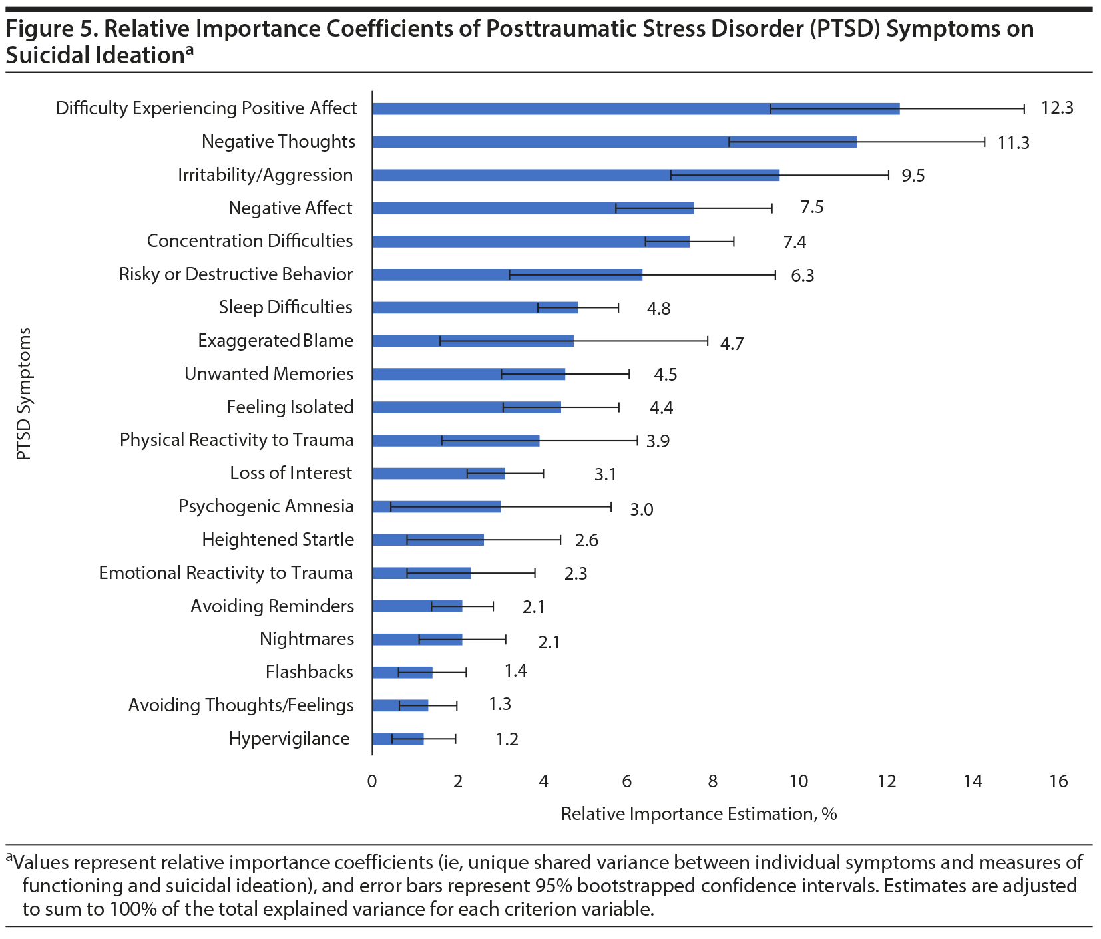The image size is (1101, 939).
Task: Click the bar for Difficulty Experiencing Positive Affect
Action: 636,109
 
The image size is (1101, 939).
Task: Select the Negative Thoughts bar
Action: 614,142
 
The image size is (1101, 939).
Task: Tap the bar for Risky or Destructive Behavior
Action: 507,274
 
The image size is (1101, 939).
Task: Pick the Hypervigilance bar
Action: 397,739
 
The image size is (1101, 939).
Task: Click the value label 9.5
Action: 913,176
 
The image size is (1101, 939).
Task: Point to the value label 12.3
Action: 1057,108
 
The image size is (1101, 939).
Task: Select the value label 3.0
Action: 642,510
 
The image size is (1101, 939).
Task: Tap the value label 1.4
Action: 515,671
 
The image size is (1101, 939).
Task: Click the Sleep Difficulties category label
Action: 286,307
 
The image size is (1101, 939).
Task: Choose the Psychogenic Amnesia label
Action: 266,506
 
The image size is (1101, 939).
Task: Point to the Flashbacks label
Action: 309,672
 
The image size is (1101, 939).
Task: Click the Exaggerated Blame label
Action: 276,341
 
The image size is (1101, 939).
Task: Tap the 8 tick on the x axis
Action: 713,781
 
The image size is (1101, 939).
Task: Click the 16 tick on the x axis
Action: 1058,781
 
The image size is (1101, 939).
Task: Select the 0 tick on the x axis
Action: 372,781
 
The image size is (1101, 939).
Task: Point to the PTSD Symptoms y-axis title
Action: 24,393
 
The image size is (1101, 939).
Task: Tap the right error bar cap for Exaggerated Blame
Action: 707,341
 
